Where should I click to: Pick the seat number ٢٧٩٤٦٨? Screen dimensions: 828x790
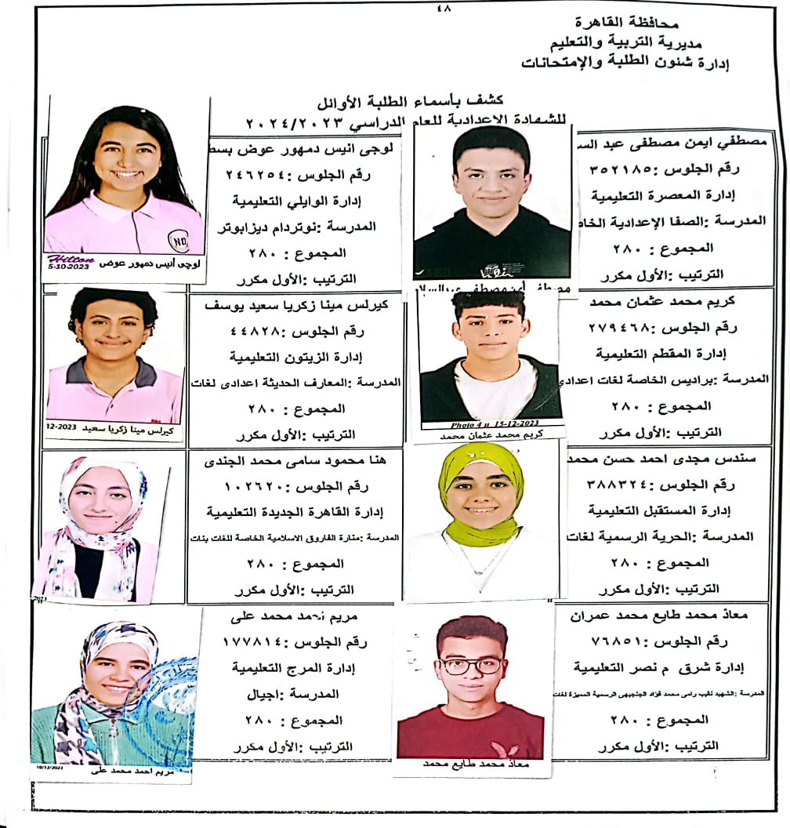click(x=624, y=329)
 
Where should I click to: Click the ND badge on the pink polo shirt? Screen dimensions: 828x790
click(x=179, y=238)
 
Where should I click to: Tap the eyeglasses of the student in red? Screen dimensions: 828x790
click(x=470, y=665)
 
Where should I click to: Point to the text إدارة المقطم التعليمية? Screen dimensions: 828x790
click(x=646, y=354)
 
